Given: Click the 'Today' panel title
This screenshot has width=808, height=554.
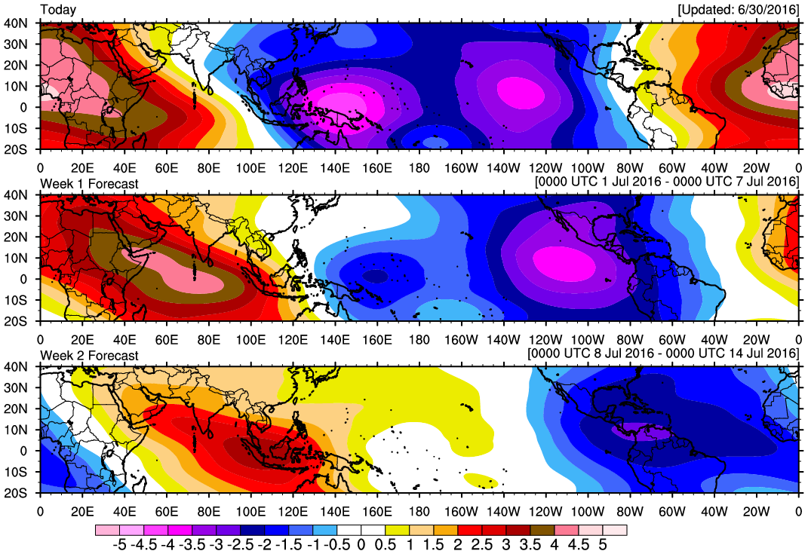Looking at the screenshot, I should (57, 10).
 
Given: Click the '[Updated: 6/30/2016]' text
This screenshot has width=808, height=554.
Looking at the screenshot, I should (737, 10).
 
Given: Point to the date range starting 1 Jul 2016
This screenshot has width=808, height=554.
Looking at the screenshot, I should (666, 183).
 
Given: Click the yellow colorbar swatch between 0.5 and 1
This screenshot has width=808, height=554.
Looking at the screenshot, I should (398, 530).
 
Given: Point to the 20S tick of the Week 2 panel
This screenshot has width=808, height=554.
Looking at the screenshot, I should (17, 493).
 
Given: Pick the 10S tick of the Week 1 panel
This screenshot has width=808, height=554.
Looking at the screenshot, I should (17, 300).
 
